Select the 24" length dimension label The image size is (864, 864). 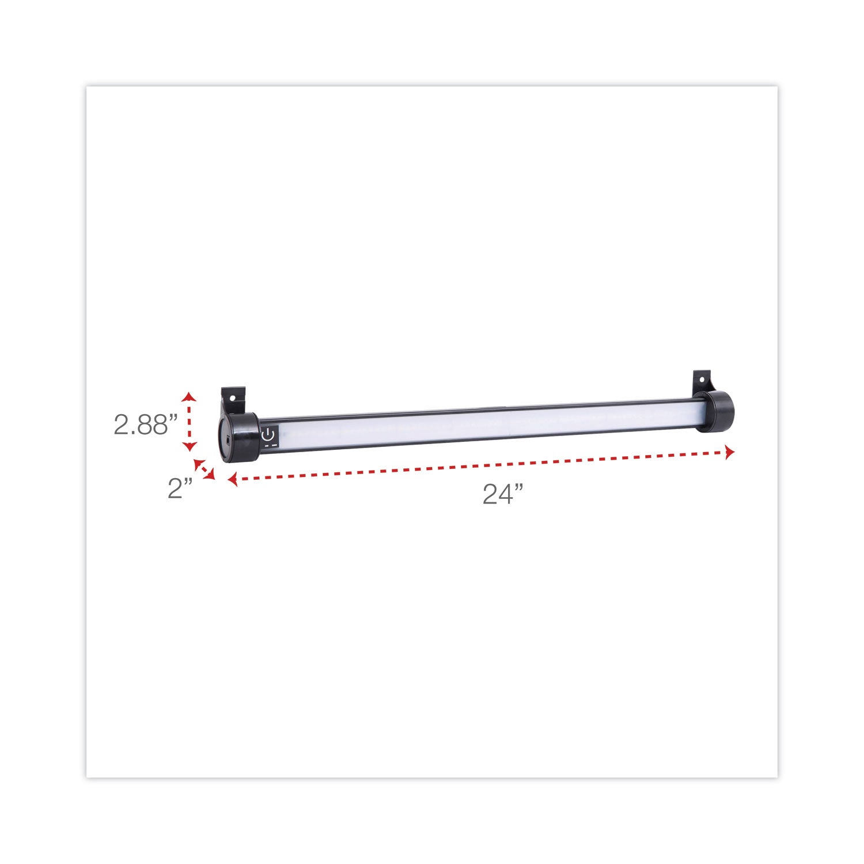pyautogui.click(x=503, y=494)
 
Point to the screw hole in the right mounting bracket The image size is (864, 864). pyautogui.click(x=702, y=380)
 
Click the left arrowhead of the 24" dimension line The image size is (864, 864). pyautogui.click(x=232, y=479)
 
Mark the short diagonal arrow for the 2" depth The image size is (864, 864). pyautogui.click(x=204, y=469)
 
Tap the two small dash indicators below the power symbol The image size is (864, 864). pyautogui.click(x=271, y=445)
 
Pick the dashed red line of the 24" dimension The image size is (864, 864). pyautogui.click(x=481, y=466)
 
